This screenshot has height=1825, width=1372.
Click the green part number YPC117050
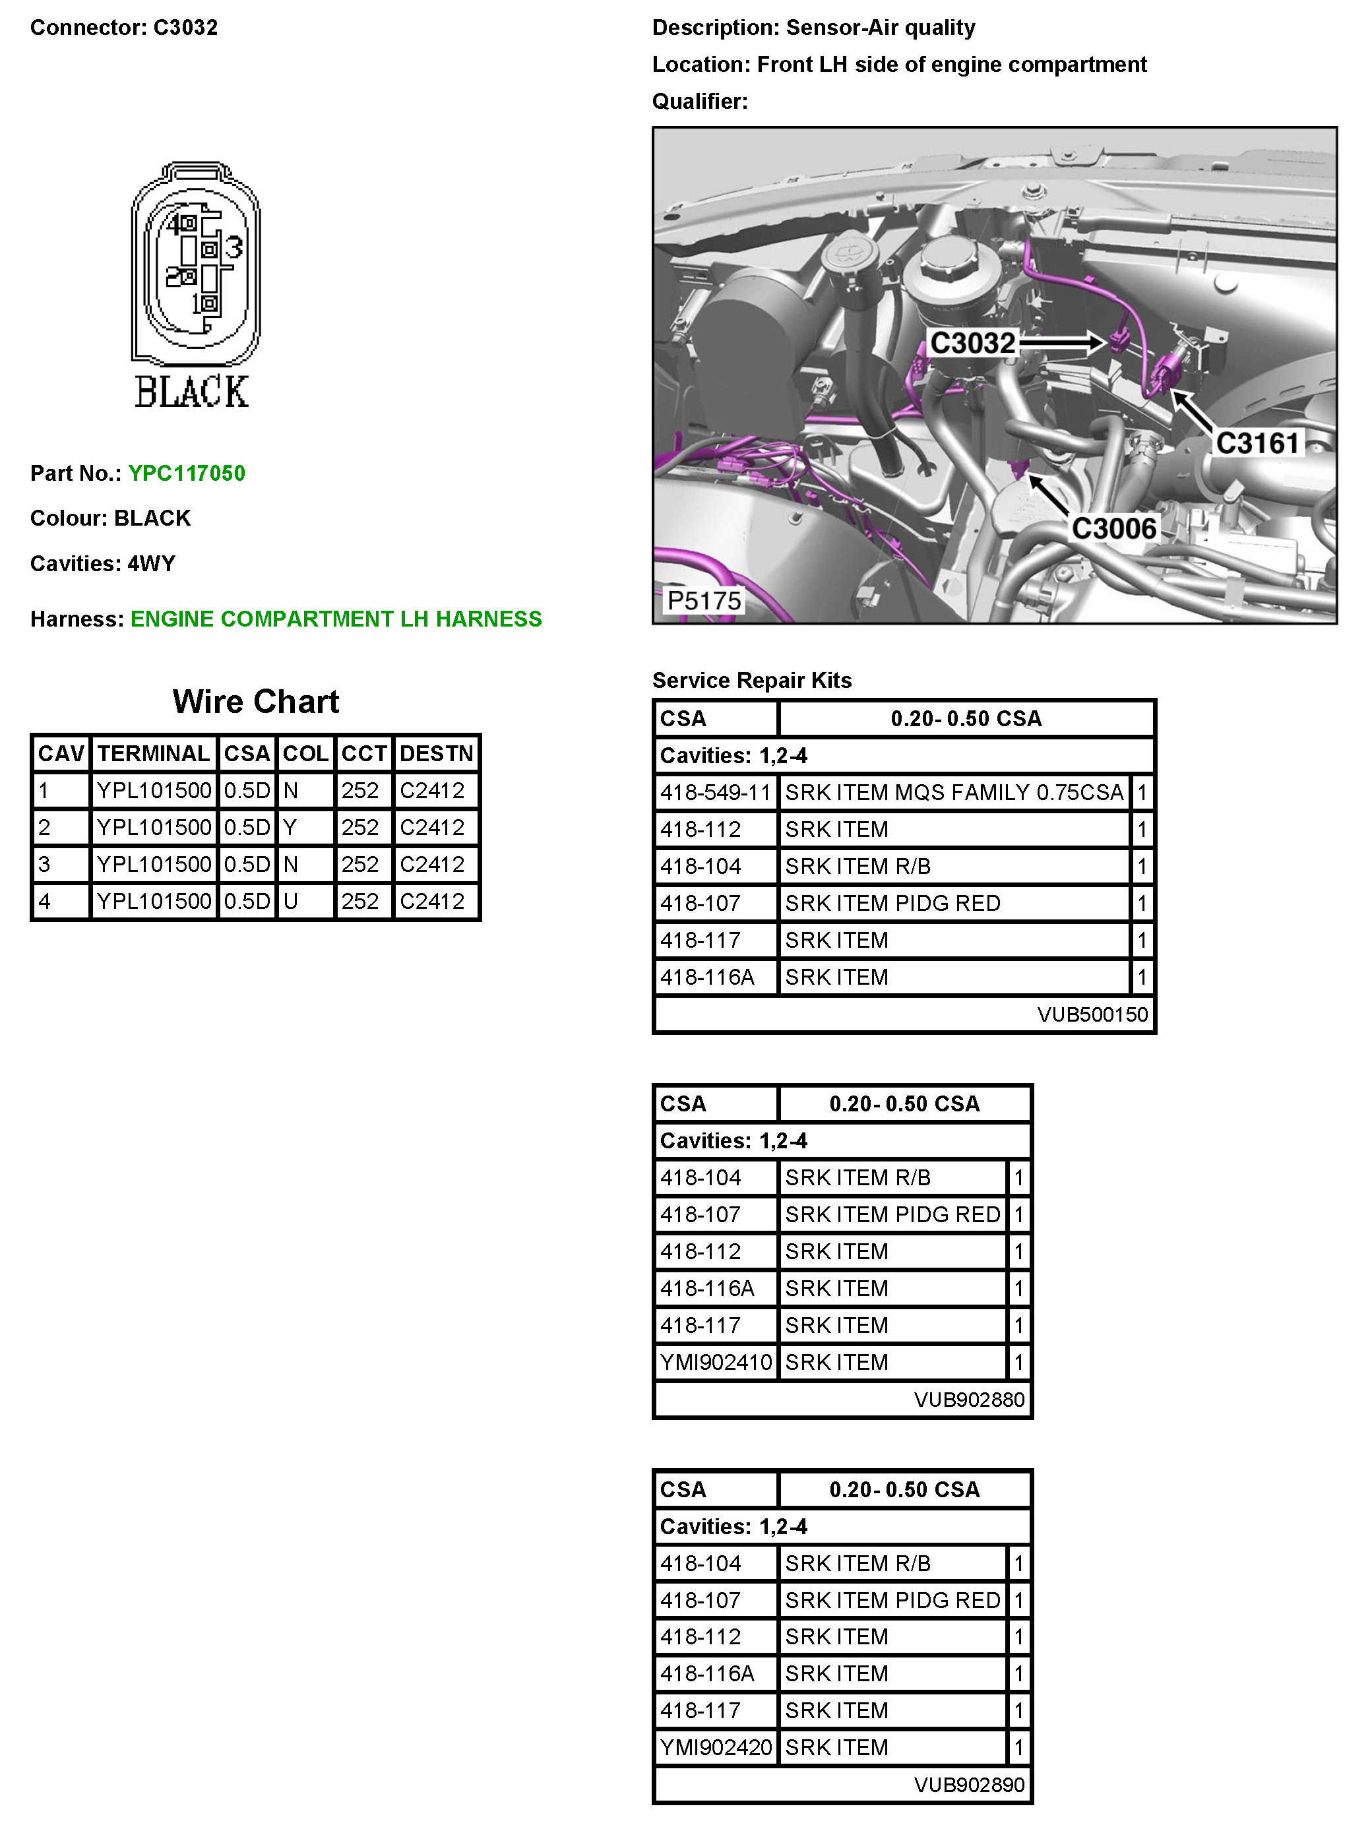tap(187, 473)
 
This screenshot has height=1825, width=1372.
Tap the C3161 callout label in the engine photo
tap(1257, 443)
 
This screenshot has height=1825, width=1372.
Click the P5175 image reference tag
tap(704, 601)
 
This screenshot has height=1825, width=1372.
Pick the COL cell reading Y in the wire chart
tap(290, 828)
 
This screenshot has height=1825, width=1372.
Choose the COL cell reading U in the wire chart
tap(290, 901)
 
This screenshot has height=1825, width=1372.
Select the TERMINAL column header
tap(154, 753)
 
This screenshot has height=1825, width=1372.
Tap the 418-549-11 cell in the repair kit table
tap(715, 793)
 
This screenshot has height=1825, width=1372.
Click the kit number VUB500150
tap(1092, 1014)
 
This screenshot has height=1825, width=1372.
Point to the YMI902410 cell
tap(715, 1362)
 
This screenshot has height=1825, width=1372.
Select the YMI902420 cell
tap(715, 1747)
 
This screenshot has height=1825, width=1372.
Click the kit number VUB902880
tap(968, 1400)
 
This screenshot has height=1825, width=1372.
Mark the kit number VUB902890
tap(968, 1785)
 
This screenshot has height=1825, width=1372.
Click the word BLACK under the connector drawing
tap(191, 392)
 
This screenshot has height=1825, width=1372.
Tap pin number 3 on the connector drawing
tap(234, 247)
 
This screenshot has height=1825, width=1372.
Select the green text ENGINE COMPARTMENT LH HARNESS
tap(336, 619)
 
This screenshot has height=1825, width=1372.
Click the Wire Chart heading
tap(256, 701)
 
